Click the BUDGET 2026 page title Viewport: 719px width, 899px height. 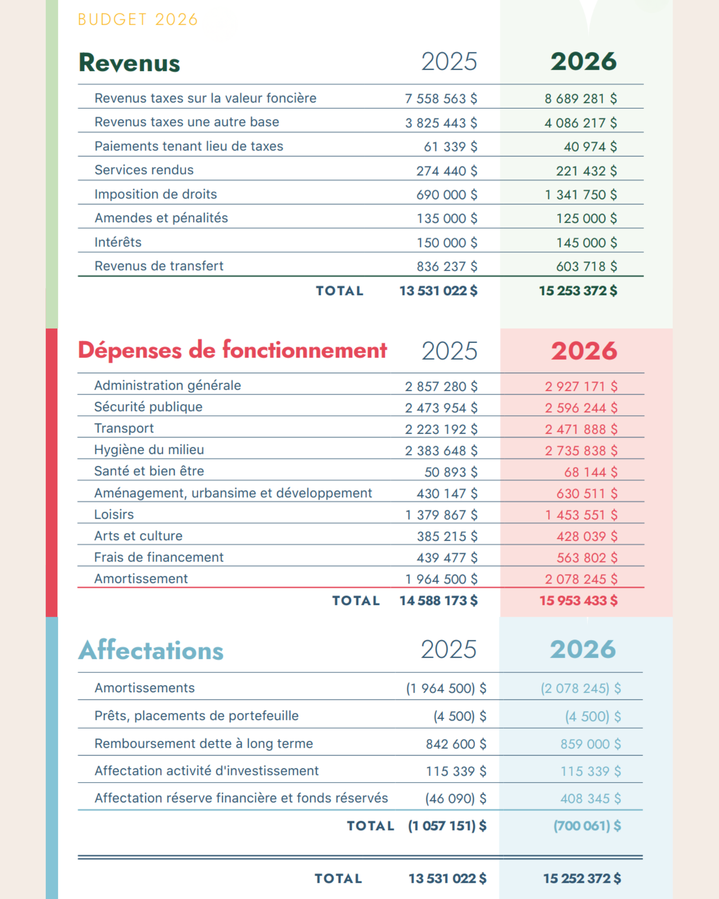(138, 20)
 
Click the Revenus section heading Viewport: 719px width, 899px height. (129, 62)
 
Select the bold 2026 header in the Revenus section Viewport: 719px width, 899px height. (583, 62)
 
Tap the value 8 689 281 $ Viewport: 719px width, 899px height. (580, 98)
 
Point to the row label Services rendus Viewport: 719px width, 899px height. (144, 170)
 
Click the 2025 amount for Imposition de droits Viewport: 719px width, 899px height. (446, 195)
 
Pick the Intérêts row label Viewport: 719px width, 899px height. (118, 242)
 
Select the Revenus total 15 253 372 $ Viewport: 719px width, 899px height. (578, 291)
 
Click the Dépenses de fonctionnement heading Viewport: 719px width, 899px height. (232, 350)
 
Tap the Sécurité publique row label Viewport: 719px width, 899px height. (148, 407)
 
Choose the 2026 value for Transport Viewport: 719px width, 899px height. (581, 429)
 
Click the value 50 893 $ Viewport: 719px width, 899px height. (451, 472)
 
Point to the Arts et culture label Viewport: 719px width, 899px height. (138, 536)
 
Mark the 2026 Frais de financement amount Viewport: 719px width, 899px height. (586, 558)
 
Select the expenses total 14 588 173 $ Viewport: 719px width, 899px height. (438, 601)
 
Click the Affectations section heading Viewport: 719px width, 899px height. (151, 650)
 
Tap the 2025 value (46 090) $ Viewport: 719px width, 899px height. (455, 798)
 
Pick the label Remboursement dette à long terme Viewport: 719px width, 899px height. (204, 743)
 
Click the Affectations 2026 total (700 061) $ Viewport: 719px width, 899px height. (587, 826)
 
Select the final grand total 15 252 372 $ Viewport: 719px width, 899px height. (582, 878)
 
